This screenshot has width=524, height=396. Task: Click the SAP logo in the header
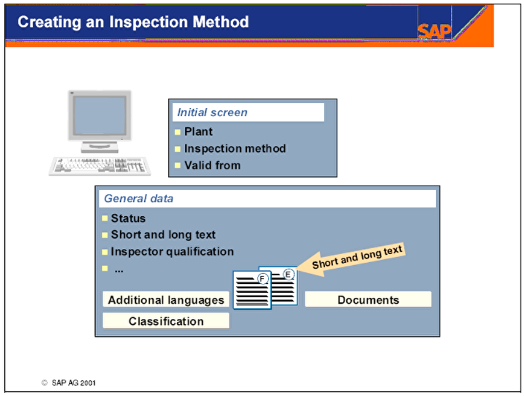[x=434, y=31]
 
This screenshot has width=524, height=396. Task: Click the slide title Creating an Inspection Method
[x=133, y=22]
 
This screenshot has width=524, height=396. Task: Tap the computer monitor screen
[x=99, y=115]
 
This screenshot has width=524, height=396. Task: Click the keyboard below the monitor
[x=100, y=166]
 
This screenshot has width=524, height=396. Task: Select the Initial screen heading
[x=212, y=112]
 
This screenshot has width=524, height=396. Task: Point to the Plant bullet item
[x=198, y=131]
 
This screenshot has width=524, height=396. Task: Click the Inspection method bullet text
[x=235, y=148]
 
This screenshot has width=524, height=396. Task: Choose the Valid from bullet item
[x=212, y=165]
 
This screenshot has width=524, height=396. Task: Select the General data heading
[x=138, y=198]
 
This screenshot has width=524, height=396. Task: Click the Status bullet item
[x=128, y=218]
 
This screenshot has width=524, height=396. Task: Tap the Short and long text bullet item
[x=163, y=235]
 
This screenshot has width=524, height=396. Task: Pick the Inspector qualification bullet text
[x=172, y=252]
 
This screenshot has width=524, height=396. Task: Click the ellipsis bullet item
[x=118, y=269]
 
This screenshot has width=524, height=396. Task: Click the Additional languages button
[x=166, y=300]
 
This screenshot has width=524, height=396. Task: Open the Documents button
[x=368, y=300]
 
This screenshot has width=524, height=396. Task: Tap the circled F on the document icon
[x=263, y=279]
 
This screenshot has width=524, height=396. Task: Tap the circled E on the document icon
[x=288, y=273]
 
